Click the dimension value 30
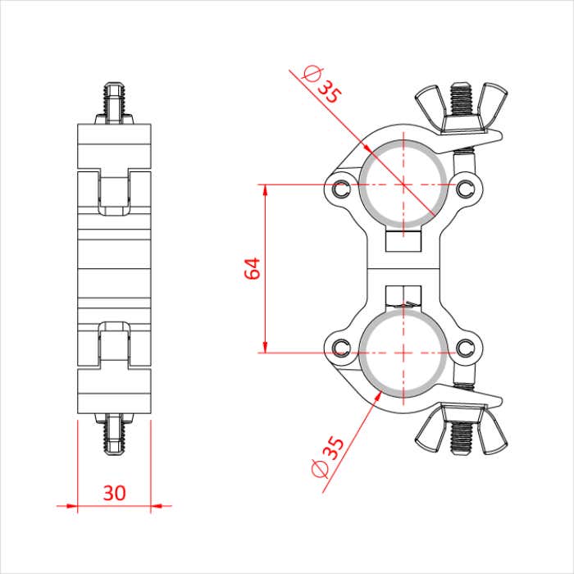(115, 493)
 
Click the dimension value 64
(253, 268)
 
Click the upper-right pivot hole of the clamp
(467, 188)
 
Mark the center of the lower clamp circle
(403, 353)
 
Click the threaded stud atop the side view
(115, 100)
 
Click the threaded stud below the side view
(115, 435)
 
